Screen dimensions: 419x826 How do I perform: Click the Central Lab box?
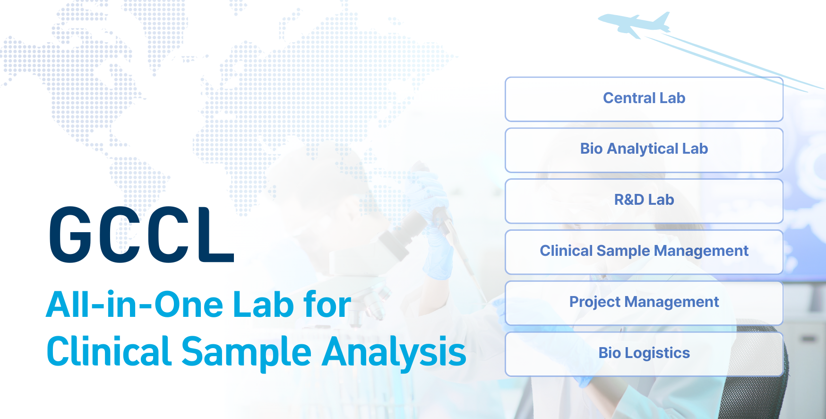pos(644,99)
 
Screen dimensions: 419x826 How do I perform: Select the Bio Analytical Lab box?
pos(644,150)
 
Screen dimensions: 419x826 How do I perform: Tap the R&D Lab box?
pos(644,201)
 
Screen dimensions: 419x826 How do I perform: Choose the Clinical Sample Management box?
pos(644,252)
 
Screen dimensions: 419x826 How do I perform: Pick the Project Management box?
pos(644,303)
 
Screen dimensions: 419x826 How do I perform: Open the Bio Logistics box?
pos(644,354)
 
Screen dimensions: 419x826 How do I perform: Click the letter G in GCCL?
pos(70,235)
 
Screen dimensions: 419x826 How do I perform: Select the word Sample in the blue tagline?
pos(246,352)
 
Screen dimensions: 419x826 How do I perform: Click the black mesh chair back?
pos(756,378)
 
